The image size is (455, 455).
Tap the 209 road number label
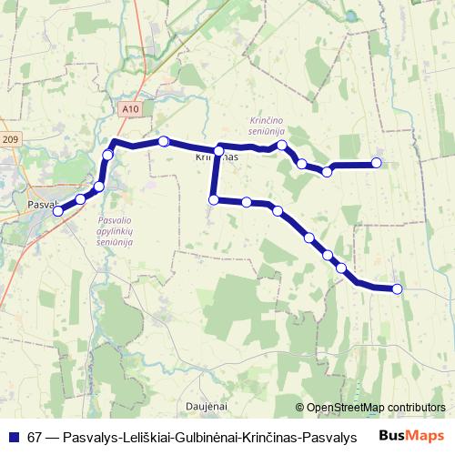point(10,139)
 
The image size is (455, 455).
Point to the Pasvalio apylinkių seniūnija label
point(116,231)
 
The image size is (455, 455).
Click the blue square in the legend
point(13,437)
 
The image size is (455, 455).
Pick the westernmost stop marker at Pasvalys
point(58,210)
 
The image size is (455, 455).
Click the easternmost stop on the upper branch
point(376,164)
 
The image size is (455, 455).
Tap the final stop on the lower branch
point(397,288)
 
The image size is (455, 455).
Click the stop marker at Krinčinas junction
point(218,150)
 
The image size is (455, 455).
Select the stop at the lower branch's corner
point(214,199)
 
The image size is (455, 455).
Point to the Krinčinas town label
point(217,157)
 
